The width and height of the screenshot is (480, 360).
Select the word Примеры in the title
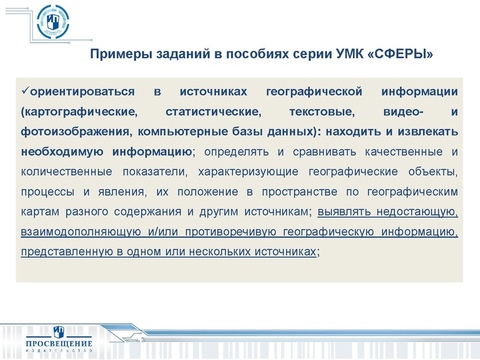coord(114,55)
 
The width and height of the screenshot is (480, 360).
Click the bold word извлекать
coord(430,132)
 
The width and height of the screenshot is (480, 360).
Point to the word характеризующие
coord(241,172)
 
